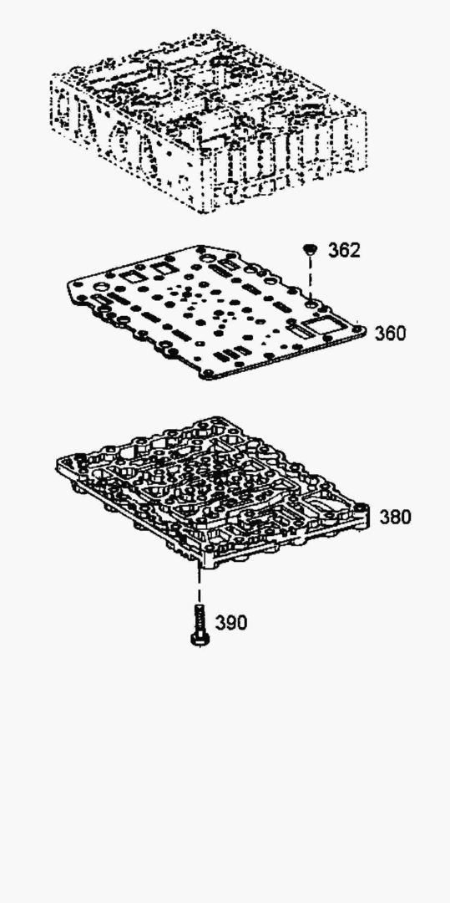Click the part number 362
[344, 251]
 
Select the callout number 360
[390, 334]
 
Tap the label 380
[396, 518]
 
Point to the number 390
[231, 623]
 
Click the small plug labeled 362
[311, 249]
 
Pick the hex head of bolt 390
[200, 639]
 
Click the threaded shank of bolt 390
[200, 619]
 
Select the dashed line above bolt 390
[200, 584]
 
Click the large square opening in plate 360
[321, 326]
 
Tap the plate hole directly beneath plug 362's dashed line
[311, 302]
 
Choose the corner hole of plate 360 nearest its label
[360, 329]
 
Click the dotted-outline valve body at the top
[208, 121]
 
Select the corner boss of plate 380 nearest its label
[361, 510]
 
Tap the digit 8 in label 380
[396, 518]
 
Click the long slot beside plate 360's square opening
[303, 331]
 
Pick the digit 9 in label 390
[231, 623]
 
